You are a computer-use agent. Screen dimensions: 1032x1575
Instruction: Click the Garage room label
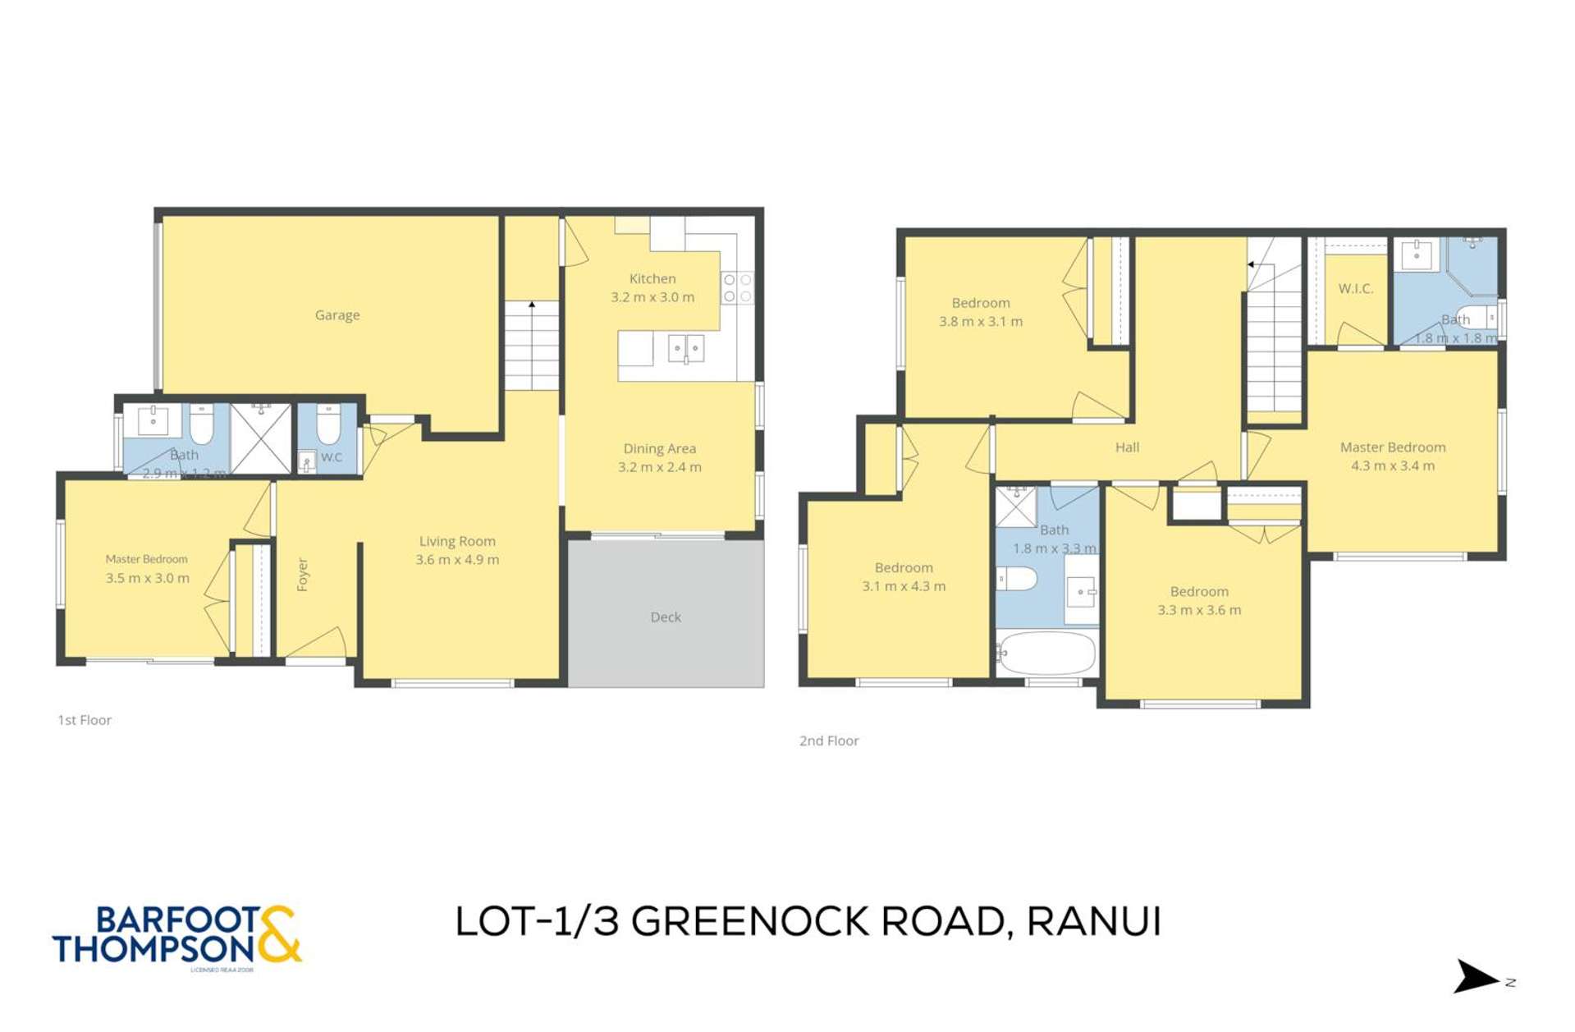point(337,315)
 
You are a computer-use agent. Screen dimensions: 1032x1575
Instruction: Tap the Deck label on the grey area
point(666,617)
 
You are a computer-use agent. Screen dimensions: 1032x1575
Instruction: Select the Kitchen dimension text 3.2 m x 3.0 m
point(652,297)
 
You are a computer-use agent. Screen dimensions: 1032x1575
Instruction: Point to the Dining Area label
point(659,448)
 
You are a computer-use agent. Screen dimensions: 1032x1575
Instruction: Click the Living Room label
point(457,541)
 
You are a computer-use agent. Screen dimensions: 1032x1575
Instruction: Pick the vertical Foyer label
point(303,575)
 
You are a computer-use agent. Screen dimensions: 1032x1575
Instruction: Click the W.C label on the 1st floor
point(332,457)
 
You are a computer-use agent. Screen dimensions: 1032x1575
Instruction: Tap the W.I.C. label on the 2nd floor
point(1355,289)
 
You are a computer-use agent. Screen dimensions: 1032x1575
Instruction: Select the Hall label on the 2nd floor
point(1127,447)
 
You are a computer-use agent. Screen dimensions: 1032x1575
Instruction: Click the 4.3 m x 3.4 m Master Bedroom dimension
point(1393,466)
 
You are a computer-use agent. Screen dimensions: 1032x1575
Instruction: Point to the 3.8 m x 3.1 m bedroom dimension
point(981,322)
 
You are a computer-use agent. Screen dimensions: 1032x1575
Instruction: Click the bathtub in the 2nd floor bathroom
point(1047,654)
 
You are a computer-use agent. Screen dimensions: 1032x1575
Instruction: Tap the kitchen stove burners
point(737,288)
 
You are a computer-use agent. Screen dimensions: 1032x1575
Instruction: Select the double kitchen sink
point(685,348)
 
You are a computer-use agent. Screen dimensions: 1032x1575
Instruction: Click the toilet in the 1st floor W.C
point(328,423)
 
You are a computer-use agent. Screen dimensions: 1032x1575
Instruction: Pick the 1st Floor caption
point(85,720)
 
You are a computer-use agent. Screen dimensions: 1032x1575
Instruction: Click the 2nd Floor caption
point(829,741)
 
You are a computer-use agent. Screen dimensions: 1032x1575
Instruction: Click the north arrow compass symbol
point(1476,977)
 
